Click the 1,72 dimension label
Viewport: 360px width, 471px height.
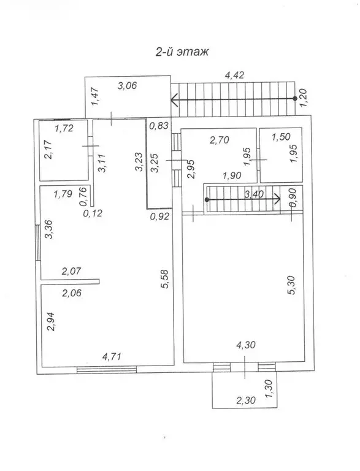(x=64, y=128)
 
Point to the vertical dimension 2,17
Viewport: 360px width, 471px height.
(x=48, y=151)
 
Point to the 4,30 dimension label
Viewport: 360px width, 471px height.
(x=245, y=346)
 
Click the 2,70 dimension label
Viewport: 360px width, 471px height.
(x=220, y=140)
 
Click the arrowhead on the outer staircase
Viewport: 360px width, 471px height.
(x=175, y=99)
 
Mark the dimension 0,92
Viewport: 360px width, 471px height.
(x=159, y=216)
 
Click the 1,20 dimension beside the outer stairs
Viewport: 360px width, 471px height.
(x=302, y=99)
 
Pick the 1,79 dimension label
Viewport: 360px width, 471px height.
(x=63, y=195)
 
